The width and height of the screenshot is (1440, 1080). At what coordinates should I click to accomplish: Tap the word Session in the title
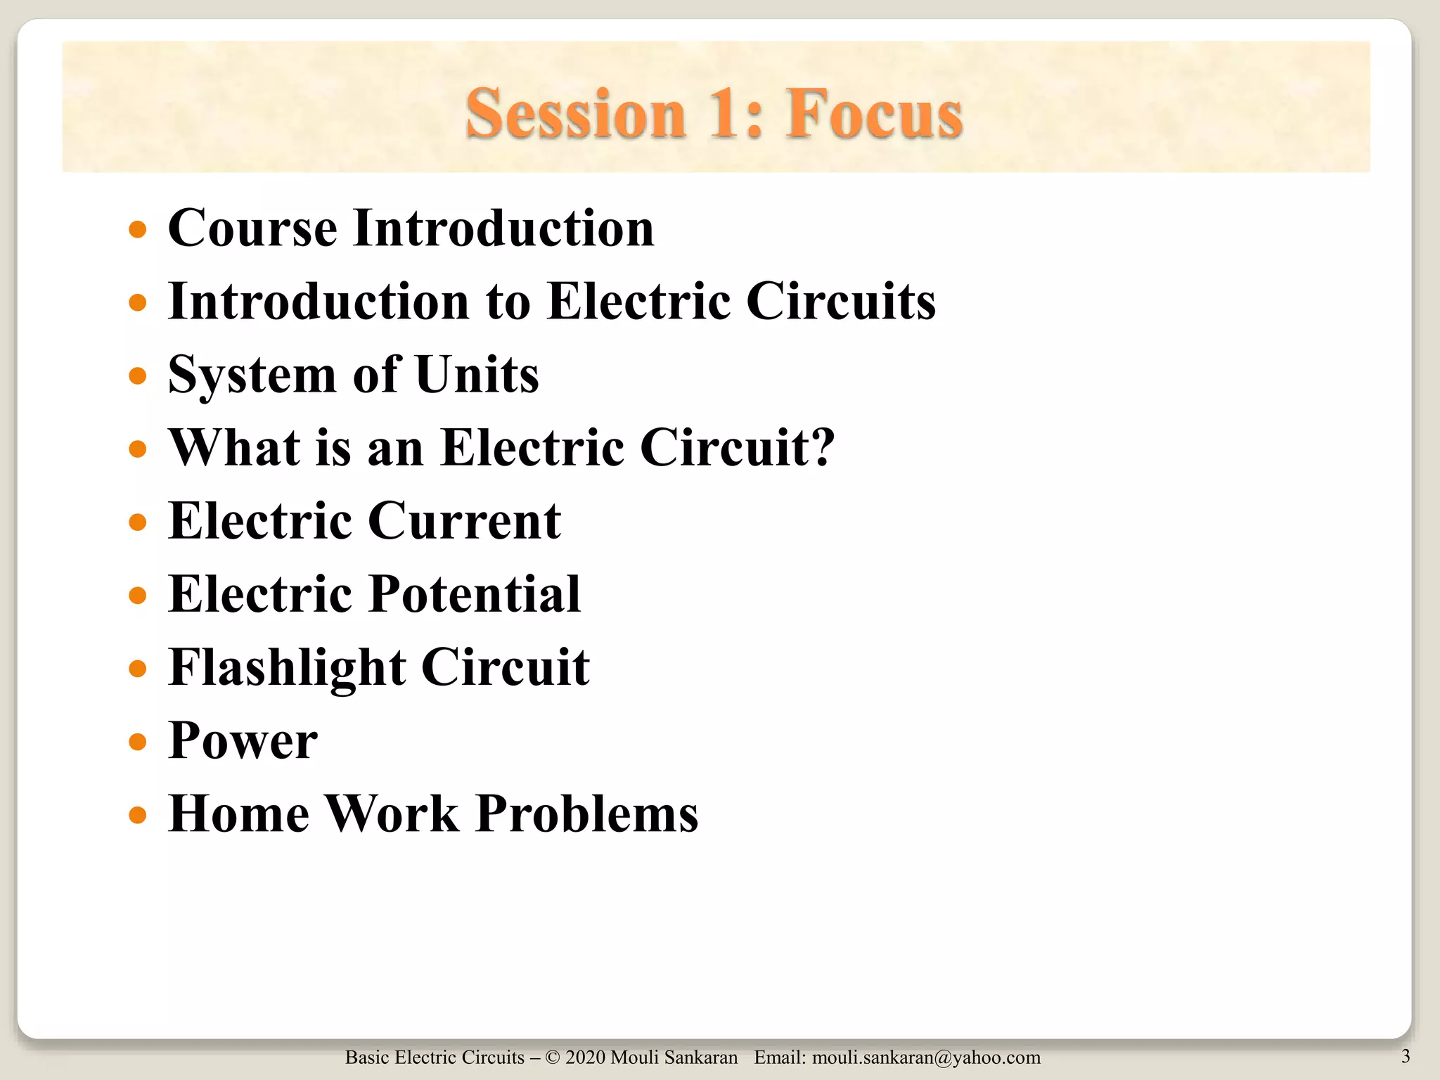click(x=575, y=114)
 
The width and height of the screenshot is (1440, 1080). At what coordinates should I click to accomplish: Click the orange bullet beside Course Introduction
click(x=138, y=229)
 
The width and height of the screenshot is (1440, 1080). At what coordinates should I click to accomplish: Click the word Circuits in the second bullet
click(x=840, y=302)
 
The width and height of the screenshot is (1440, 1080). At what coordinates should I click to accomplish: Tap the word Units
click(x=477, y=375)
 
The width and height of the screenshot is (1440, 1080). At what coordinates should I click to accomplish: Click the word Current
click(x=464, y=521)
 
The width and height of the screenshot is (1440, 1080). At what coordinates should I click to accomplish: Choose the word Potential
click(x=475, y=595)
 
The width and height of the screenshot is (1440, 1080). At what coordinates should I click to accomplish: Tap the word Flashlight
click(x=287, y=668)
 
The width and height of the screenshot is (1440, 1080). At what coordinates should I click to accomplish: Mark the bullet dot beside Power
click(x=138, y=742)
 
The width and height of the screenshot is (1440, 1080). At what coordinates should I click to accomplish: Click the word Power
click(x=243, y=741)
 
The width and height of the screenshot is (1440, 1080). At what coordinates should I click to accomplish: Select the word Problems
click(x=586, y=814)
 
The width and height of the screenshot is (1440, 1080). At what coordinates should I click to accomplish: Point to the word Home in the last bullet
click(x=238, y=814)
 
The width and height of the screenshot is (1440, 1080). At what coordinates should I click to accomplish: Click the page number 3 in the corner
click(x=1405, y=1055)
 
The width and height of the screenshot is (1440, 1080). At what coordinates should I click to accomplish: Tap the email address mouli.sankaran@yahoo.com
click(x=926, y=1057)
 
